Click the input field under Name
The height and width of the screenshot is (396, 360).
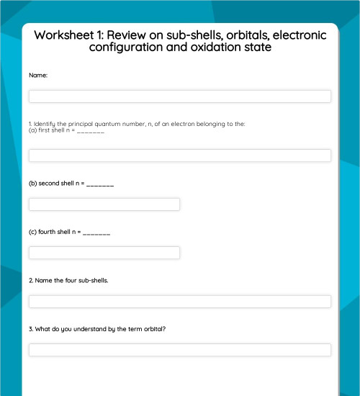180,96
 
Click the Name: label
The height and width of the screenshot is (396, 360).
38,75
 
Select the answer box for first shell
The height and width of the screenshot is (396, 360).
180,156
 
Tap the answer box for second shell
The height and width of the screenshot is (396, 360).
104,204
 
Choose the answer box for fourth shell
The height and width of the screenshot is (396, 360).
104,253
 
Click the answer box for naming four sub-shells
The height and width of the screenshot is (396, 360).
180,302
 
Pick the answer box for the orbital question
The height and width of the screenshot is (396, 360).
180,350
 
